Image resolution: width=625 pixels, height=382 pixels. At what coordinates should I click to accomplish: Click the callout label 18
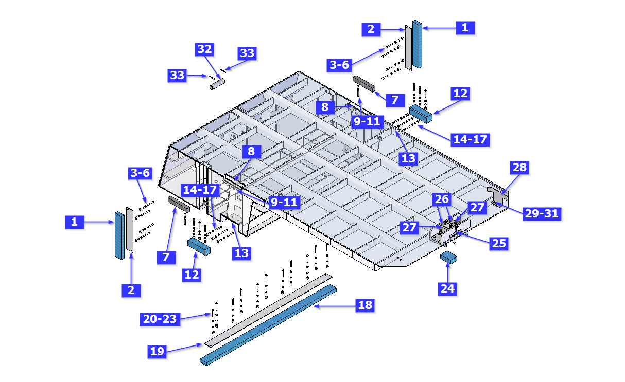point(365,305)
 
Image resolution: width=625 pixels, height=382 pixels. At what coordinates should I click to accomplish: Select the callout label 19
point(157,351)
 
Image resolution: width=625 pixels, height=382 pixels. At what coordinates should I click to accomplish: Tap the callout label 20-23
point(160,319)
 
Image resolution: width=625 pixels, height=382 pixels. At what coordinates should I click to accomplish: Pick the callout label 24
point(447,288)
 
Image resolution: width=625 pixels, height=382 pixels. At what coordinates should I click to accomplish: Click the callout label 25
point(499,244)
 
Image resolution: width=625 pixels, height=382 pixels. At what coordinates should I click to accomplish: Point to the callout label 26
point(442,199)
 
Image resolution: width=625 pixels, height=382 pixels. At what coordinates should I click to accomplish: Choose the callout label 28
point(519,168)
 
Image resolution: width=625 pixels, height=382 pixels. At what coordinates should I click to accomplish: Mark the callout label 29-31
point(542,214)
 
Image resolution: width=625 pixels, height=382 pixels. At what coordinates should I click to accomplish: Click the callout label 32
point(204,49)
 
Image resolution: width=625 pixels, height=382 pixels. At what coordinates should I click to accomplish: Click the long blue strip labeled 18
point(268,325)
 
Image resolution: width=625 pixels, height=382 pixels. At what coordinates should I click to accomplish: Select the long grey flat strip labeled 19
point(268,311)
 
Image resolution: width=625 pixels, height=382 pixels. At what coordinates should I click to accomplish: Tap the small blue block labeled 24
point(448,258)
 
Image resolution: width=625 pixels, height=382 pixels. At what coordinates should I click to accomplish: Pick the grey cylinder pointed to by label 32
point(217,84)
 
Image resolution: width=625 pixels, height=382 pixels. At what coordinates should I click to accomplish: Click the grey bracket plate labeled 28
point(498,195)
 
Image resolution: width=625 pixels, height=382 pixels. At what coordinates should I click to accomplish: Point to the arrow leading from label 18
point(334,306)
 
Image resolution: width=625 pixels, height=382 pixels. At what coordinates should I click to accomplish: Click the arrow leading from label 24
point(447,272)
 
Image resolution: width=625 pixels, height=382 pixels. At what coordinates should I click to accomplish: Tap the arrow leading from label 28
point(510,184)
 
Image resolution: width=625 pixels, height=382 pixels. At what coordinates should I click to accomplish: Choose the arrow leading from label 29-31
point(509,209)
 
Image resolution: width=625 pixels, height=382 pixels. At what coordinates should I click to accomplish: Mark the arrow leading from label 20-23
point(195,316)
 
